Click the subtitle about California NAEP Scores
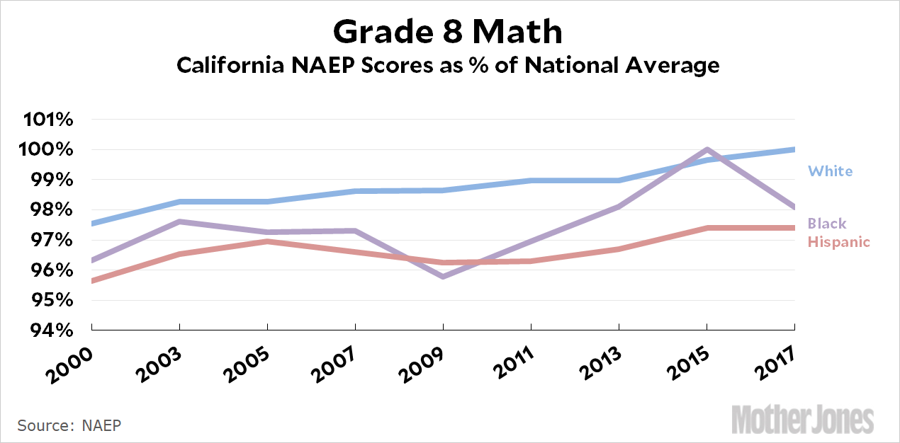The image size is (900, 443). point(448,66)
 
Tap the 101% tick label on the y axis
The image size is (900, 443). point(48,119)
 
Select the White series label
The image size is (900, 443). point(831,171)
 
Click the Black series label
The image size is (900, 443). point(828,224)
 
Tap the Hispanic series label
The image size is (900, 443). point(839,242)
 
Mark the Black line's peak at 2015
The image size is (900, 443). point(707,150)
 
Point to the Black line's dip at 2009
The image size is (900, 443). point(443,276)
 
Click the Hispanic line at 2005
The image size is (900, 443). point(267,241)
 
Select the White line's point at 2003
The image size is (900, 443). point(179,202)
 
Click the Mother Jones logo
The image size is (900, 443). point(802,418)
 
